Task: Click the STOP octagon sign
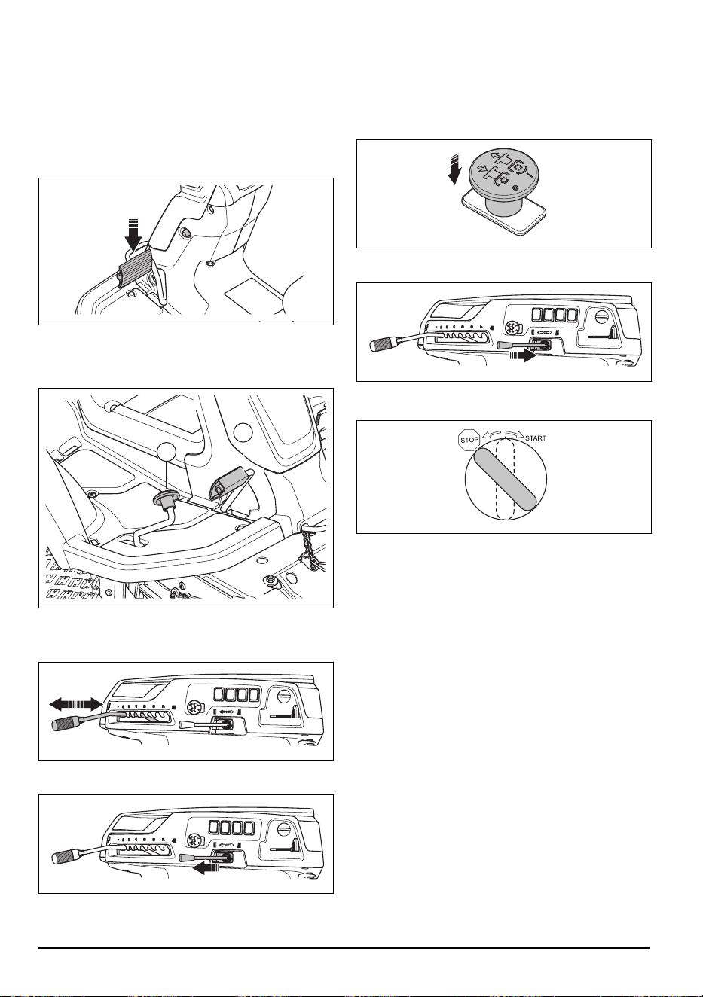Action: point(469,440)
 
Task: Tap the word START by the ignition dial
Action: point(536,438)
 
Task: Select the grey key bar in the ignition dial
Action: point(504,479)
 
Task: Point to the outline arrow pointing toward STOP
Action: point(492,433)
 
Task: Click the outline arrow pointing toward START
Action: point(515,433)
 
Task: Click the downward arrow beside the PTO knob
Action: point(454,169)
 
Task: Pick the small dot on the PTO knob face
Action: point(515,188)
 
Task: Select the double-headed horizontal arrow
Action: point(76,704)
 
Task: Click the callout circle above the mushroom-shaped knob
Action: point(166,453)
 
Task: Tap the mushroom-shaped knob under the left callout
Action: point(167,499)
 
